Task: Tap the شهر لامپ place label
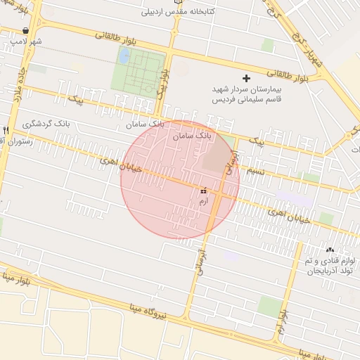(26, 41)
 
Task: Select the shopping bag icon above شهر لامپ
(26, 31)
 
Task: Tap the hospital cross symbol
(245, 78)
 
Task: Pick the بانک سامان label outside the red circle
(144, 124)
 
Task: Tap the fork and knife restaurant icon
(6, 130)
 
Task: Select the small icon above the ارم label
(204, 191)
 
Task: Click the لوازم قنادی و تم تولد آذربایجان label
(330, 265)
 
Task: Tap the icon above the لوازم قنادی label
(330, 250)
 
